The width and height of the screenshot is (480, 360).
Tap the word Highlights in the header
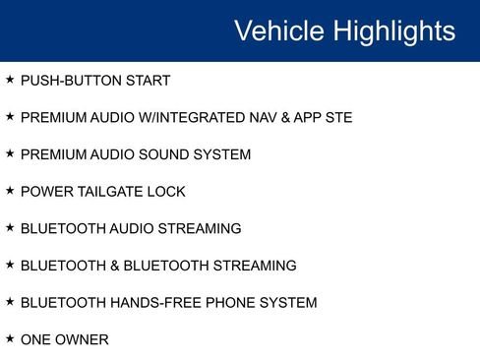coord(393,30)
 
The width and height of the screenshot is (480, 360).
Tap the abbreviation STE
coord(337,118)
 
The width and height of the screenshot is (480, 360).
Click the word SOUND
coord(167,154)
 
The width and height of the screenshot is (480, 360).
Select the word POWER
coord(44,192)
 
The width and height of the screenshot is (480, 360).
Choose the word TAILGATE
coord(110,192)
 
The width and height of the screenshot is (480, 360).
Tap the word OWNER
coord(83,339)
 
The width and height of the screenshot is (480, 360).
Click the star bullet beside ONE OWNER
coord(10,338)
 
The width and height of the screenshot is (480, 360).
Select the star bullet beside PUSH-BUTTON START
coord(10,80)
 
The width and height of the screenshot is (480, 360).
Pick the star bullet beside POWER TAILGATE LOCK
coord(10,191)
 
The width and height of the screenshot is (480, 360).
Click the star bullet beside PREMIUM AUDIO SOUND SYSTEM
coord(10,153)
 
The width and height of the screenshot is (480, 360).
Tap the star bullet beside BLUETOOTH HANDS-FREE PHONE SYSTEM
coord(10,302)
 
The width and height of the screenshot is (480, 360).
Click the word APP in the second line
coord(307,118)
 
